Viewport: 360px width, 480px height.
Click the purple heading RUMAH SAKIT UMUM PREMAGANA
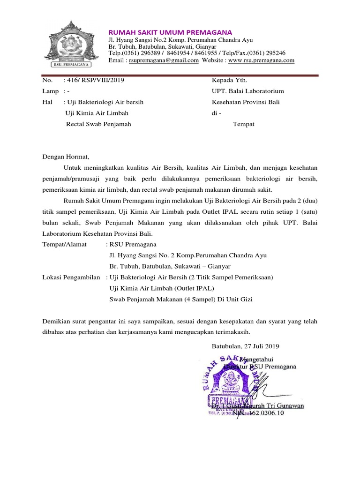(x=171, y=32)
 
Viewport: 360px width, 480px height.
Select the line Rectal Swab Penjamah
(x=98, y=124)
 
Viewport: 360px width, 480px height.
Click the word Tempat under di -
(x=244, y=124)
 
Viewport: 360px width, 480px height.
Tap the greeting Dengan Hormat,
(x=65, y=157)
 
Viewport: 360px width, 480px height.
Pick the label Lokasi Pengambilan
(x=71, y=277)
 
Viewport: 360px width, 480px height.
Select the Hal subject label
(x=47, y=102)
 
